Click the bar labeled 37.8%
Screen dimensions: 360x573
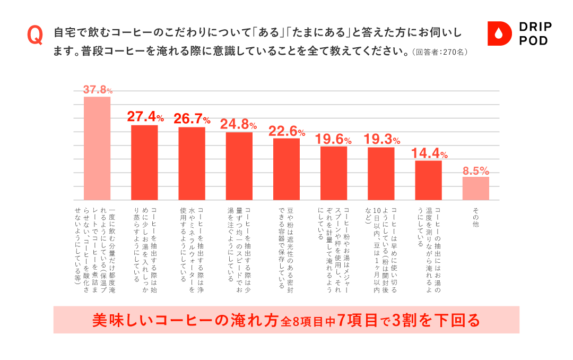pyautogui.click(x=97, y=149)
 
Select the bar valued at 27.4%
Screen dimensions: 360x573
pyautogui.click(x=144, y=162)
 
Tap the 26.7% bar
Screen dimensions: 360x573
pyautogui.click(x=192, y=164)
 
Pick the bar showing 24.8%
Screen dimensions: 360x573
pyautogui.click(x=239, y=166)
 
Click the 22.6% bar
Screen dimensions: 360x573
pyautogui.click(x=286, y=169)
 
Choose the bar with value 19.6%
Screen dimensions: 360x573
pyautogui.click(x=334, y=173)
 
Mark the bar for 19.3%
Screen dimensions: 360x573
pyautogui.click(x=381, y=174)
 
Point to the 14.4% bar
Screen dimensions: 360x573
pyautogui.click(x=428, y=180)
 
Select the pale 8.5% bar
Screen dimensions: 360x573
pyautogui.click(x=476, y=188)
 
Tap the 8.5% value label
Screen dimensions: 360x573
pyautogui.click(x=476, y=171)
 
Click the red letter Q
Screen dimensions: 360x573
pyautogui.click(x=35, y=36)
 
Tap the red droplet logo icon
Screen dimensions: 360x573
pyautogui.click(x=498, y=34)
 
